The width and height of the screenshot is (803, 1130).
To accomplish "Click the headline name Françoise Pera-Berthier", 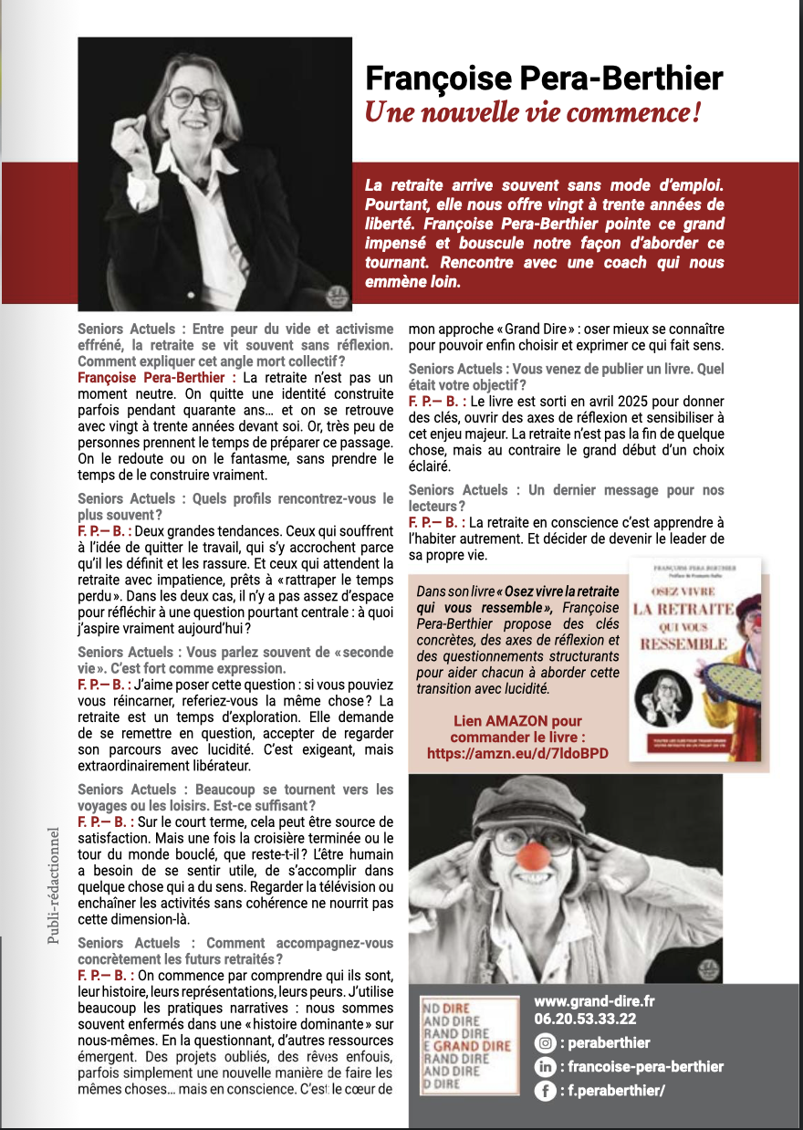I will point(544,78).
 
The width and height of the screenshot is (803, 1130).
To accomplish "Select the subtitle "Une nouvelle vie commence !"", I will point(533,113).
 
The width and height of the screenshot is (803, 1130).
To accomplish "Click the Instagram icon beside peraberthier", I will point(545,1043).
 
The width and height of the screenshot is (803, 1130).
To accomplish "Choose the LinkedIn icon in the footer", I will point(545,1066).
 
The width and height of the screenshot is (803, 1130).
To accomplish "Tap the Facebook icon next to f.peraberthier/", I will point(545,1089).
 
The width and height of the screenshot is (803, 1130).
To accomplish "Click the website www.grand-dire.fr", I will point(594,1001).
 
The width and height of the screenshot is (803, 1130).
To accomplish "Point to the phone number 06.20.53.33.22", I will point(585,1020).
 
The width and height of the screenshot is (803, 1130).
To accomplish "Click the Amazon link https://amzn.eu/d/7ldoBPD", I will point(517,753).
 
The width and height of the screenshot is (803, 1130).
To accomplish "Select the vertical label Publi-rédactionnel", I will point(53,884).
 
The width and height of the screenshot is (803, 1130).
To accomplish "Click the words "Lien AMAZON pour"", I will point(517,721).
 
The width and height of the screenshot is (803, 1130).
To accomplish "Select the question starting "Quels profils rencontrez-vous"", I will point(235,507).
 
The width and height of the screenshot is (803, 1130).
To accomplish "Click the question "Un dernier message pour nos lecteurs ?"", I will point(566,497).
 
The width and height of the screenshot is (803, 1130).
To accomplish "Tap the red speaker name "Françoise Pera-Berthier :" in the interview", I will point(157,378).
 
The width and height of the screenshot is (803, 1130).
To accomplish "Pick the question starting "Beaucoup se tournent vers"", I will point(235,797).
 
